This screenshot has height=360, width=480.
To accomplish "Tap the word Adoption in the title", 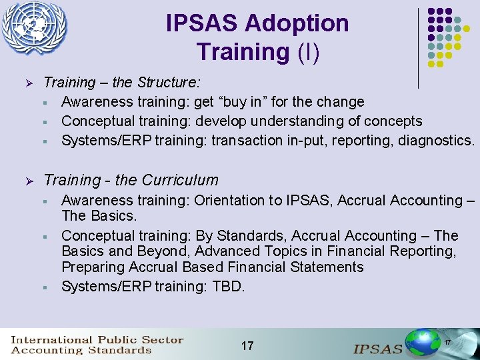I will click(296, 23).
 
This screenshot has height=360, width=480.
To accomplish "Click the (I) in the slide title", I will click(309, 51).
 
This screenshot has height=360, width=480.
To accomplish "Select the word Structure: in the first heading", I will click(168, 83).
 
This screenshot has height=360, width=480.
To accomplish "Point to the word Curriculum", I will click(185, 180).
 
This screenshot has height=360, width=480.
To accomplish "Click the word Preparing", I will click(92, 267).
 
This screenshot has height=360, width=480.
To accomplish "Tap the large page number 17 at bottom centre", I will click(247, 345).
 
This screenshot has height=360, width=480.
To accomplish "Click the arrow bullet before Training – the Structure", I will click(28, 83).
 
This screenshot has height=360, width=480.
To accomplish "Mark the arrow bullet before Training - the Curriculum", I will click(28, 181).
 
